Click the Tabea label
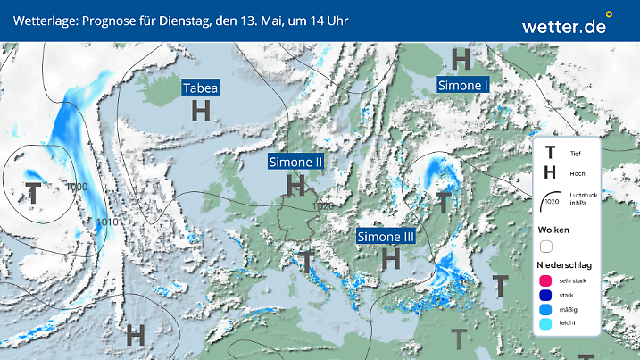[201, 88]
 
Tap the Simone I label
[463, 84]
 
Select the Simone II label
[295, 162]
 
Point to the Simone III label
[386, 237]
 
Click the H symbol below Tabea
[202, 111]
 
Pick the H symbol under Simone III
[390, 259]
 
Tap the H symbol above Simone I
[461, 60]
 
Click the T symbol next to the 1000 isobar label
[33, 191]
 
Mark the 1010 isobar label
[107, 222]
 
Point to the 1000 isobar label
[77, 187]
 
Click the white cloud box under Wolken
[546, 246]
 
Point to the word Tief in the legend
[575, 155]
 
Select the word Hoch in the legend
[577, 173]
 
